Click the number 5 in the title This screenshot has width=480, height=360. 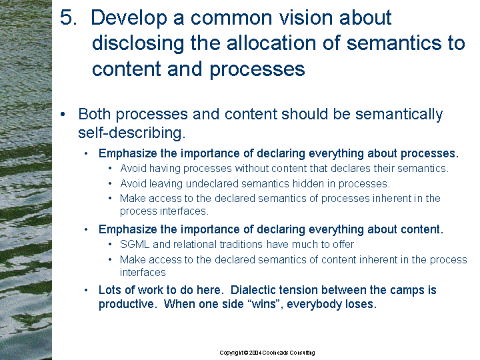point(67,17)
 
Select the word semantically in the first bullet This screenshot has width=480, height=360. point(399,115)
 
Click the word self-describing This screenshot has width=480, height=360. point(132,133)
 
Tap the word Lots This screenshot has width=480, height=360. point(109,290)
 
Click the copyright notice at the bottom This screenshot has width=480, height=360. point(267,353)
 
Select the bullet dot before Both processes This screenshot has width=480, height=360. point(63,115)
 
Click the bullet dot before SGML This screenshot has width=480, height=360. point(110,245)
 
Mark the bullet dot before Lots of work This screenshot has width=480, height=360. point(86,290)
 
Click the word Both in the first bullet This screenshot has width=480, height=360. point(94,115)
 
